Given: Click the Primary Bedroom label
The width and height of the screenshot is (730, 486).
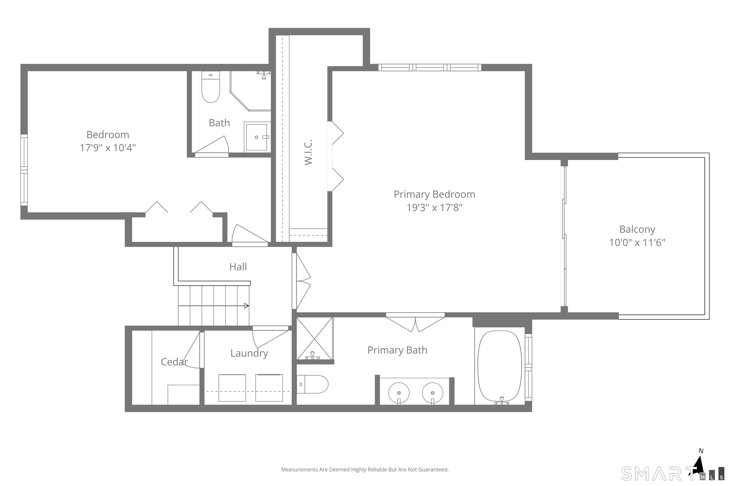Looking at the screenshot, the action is (x=434, y=194).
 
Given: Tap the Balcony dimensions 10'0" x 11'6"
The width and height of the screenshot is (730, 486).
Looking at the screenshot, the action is (x=637, y=242).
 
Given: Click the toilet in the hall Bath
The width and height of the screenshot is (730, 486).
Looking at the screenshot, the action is (x=211, y=87).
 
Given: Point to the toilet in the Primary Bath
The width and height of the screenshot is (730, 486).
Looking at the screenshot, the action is (x=312, y=384).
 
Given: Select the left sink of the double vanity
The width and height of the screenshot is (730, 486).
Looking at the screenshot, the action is (x=399, y=393).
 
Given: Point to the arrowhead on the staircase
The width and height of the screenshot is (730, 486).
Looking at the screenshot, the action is (x=246, y=306).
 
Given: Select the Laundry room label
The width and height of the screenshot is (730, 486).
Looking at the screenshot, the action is (x=249, y=353).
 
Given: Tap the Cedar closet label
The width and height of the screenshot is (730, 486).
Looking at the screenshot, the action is (x=174, y=362).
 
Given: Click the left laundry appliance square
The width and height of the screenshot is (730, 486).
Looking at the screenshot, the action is (x=232, y=388).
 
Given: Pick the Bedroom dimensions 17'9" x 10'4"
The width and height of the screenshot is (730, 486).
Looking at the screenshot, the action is (x=108, y=148).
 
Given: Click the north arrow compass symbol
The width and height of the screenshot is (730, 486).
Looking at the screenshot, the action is (x=699, y=466).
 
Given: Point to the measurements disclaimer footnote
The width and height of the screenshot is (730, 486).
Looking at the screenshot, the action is (x=365, y=470).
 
